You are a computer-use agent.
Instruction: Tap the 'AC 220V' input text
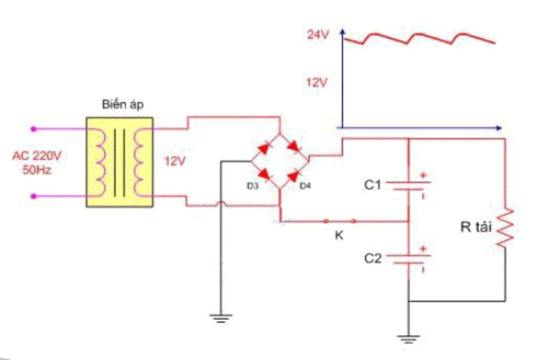click(35, 156)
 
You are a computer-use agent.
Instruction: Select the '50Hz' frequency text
click(36, 169)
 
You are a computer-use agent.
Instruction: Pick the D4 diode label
click(304, 185)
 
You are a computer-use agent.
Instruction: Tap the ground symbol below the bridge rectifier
click(219, 318)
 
